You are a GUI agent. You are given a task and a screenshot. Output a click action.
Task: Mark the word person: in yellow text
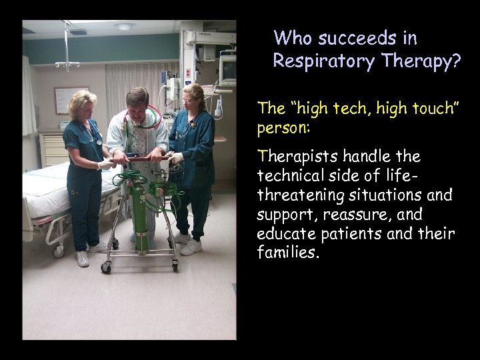(x=280, y=126)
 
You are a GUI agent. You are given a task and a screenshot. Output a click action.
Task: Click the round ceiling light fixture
(x=124, y=27)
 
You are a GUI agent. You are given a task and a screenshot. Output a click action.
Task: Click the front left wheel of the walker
(x=105, y=267)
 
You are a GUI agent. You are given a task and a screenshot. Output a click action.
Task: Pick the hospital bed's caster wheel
(x=58, y=251)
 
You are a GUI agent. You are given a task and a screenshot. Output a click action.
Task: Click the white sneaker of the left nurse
(x=83, y=259)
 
